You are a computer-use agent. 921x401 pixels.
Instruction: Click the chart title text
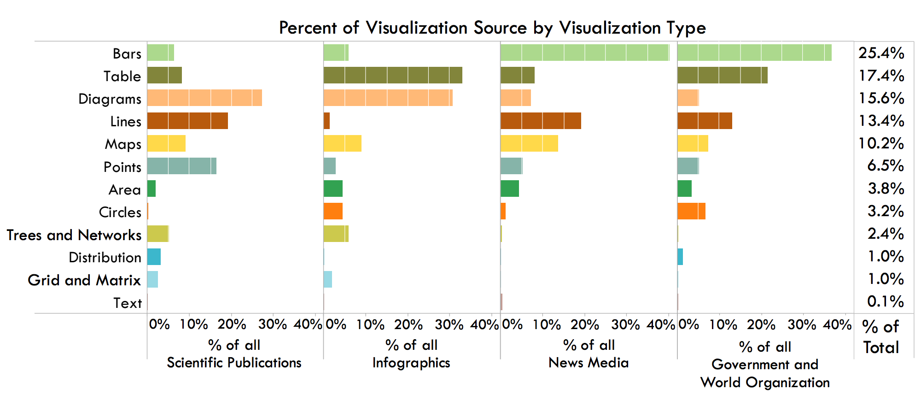(492, 28)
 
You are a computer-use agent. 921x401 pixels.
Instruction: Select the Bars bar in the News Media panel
(584, 53)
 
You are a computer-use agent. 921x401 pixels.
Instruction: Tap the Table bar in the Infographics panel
(393, 75)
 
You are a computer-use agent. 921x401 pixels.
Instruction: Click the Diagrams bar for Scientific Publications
(204, 98)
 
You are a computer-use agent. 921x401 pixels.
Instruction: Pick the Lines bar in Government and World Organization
(705, 120)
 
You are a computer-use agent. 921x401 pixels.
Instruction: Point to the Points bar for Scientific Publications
(181, 166)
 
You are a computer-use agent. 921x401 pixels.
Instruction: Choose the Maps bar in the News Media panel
(529, 143)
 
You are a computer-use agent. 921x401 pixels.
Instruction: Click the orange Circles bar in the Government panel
(691, 211)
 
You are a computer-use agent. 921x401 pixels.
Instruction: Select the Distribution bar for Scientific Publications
(154, 257)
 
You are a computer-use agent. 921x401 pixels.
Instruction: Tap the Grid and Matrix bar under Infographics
(328, 279)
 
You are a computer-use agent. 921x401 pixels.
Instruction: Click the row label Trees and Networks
(74, 235)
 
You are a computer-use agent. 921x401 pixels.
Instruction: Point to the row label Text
(128, 303)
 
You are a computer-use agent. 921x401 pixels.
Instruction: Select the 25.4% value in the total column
(881, 53)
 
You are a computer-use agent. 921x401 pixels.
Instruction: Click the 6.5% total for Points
(885, 166)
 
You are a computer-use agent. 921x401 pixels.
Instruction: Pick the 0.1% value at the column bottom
(885, 302)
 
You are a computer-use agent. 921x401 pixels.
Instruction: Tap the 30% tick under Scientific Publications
(273, 324)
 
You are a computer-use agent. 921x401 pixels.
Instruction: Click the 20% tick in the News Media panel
(584, 324)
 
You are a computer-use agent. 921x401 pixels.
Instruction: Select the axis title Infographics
(411, 363)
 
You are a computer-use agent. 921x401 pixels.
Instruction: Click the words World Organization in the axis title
(765, 383)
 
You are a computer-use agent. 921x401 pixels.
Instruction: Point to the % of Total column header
(881, 337)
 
